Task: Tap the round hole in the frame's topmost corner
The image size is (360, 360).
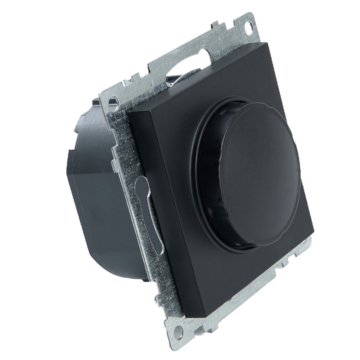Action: [x=248, y=27]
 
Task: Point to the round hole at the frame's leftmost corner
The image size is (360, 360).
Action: [x=113, y=101]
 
